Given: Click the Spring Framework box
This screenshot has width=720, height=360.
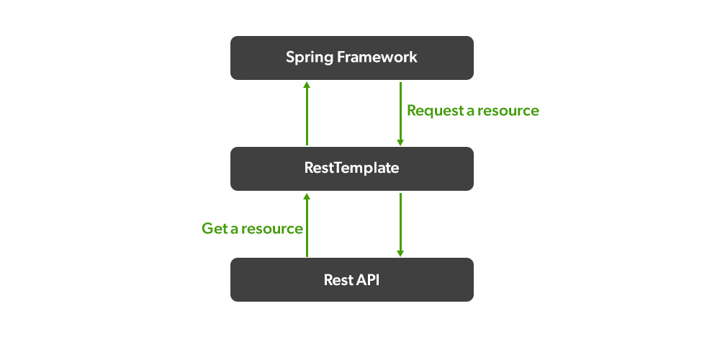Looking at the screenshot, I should (351, 58).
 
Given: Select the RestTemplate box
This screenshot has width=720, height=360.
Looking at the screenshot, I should (351, 168).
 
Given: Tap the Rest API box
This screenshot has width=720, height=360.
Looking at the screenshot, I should (351, 279).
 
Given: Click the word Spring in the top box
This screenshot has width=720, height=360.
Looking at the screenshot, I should (308, 58).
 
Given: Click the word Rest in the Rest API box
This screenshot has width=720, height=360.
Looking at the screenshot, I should (337, 279).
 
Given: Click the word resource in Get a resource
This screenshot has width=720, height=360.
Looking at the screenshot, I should (271, 229).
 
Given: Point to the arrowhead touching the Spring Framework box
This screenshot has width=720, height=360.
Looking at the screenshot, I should (307, 84).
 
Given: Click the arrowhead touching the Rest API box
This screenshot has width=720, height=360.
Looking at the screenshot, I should (400, 253).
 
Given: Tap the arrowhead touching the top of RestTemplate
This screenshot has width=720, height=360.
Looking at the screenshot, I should (400, 142).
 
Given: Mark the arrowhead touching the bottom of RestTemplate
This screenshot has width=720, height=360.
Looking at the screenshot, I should (307, 196).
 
